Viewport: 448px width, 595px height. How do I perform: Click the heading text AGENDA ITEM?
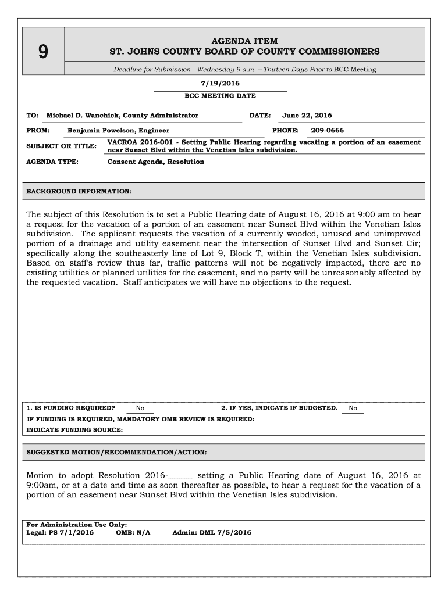(244, 41)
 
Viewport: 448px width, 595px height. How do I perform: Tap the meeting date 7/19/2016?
(220, 84)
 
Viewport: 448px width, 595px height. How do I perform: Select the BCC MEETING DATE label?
(220, 96)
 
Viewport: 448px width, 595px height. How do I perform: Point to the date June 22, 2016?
(307, 116)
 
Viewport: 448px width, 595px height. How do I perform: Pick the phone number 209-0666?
(327, 131)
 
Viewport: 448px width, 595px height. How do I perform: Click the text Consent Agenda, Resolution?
(156, 162)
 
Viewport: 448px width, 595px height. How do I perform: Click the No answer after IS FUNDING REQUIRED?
(140, 408)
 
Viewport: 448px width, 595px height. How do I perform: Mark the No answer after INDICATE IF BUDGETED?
(353, 408)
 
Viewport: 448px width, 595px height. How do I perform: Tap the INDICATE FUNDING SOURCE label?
(75, 430)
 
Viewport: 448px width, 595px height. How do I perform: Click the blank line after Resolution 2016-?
(180, 476)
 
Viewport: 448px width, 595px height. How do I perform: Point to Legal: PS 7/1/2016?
(60, 532)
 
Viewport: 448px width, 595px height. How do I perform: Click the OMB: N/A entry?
(133, 532)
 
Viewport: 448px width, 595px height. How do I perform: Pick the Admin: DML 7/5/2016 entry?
(212, 532)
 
